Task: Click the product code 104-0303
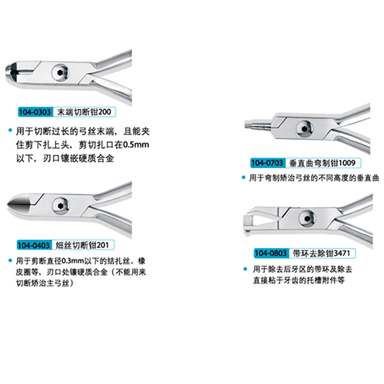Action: pos(35,112)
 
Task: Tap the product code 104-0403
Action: pos(34,245)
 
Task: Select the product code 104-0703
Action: pos(267,163)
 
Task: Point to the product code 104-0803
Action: pos(271,253)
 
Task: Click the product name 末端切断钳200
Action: pos(84,112)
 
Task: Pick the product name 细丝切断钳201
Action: pos(82,245)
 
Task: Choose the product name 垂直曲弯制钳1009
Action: pos(323,163)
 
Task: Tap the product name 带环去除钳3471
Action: pos(321,253)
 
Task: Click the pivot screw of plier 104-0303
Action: pos(60,73)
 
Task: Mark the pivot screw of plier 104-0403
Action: pos(61,206)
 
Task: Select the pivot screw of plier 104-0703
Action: pos(304,129)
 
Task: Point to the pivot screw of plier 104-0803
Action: pos(307,218)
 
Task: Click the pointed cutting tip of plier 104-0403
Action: pos(8,204)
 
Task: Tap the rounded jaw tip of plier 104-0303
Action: pos(7,71)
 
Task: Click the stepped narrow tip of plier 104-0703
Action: pos(248,125)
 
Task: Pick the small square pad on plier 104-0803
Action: pos(247,220)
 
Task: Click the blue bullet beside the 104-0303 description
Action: pos(10,131)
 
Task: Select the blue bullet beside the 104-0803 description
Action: pos(245,269)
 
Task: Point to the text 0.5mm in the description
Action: pos(136,145)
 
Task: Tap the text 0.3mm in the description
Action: pos(73,261)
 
